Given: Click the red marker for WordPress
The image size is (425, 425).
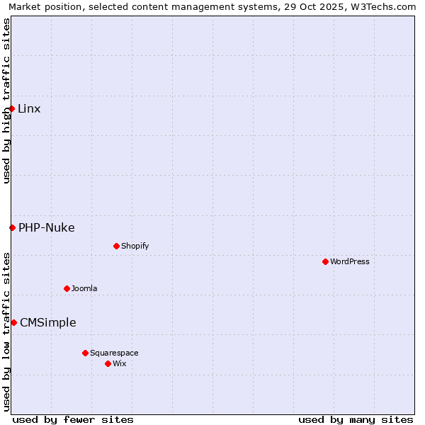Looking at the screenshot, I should (325, 261).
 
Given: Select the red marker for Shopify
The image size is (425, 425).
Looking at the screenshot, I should (116, 246).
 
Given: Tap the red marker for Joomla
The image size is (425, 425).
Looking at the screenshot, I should (67, 288).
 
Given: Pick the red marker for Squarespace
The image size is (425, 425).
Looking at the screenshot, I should (85, 353).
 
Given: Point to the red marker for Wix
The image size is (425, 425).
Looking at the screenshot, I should (108, 363).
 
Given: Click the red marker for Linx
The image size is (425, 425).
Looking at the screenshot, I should (12, 108).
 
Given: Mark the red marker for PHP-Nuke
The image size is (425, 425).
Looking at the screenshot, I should (12, 227).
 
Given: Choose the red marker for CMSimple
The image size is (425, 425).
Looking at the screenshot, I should (13, 322).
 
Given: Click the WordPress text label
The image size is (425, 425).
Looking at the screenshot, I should (350, 261).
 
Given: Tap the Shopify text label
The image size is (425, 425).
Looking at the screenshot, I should (135, 246).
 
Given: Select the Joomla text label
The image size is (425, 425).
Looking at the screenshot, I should (84, 288).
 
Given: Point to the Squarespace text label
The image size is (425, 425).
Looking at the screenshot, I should (114, 353).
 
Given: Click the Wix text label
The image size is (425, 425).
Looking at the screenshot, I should (119, 363).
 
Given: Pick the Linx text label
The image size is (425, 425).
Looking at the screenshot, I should (29, 108).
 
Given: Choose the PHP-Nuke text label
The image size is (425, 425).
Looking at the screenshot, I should (47, 227).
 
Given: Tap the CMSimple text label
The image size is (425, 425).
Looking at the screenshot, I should (48, 322).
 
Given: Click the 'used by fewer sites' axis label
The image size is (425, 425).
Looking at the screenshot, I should (73, 419).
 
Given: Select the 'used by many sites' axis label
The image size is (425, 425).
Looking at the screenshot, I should (356, 419).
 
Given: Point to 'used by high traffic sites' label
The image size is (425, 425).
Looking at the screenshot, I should (6, 101).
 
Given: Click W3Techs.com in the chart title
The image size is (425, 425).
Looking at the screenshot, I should (381, 6).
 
